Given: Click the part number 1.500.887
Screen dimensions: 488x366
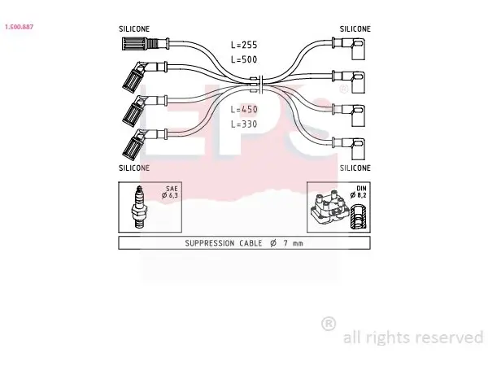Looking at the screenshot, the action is point(19,27).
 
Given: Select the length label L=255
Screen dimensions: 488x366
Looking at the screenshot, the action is point(244,45).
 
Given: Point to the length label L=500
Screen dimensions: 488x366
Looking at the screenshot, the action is point(244,59).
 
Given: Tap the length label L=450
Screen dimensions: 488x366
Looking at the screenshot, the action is point(244,110).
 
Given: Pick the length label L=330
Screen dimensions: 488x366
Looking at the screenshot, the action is point(244,124).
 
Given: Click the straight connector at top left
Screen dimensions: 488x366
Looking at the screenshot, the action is point(146,44).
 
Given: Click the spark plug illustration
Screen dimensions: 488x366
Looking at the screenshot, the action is point(139,207).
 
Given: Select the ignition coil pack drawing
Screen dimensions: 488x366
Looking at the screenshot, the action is point(329,208).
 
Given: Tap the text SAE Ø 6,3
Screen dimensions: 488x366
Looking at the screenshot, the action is point(170,192).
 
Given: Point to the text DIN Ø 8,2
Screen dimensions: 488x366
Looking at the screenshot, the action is point(359,192).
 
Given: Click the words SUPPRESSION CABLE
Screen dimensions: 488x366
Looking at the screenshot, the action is point(224,243).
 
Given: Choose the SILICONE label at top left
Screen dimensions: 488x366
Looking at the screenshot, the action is point(134,29).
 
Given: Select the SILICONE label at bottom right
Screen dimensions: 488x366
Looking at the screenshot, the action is point(355,168).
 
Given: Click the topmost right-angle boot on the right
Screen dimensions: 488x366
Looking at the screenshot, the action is point(349,47).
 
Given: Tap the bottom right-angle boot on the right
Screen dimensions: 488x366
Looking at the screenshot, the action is point(349,147).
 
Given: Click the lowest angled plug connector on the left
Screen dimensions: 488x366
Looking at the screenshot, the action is point(145,143).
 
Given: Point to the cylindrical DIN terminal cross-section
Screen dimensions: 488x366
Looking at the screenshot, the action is point(359,216).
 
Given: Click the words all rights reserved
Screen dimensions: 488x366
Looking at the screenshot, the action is point(413,338).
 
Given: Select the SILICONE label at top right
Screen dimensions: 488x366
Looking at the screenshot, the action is point(355,29).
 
